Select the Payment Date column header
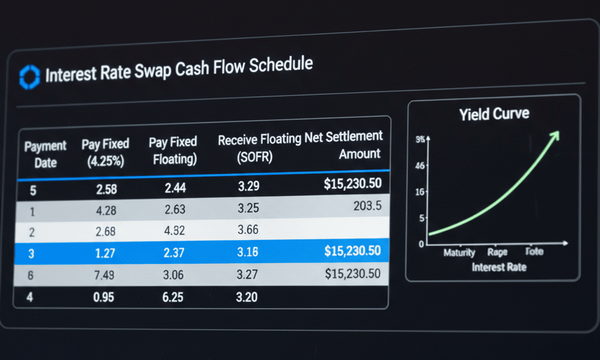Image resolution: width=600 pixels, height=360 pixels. point(45,154)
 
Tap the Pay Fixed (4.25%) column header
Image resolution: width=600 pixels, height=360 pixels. point(105,152)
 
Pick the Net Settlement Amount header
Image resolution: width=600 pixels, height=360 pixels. point(350,144)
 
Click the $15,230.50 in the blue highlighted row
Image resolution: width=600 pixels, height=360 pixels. point(352,251)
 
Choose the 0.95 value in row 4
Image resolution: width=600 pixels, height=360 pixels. point(103,297)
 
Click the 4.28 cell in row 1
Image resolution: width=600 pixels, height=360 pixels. point(105,211)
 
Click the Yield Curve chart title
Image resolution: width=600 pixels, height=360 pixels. point(494,114)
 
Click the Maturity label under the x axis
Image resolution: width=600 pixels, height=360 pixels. point(459,253)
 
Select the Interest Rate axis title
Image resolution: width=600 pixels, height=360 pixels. point(498,267)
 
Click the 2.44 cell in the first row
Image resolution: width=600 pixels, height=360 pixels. point(175,188)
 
